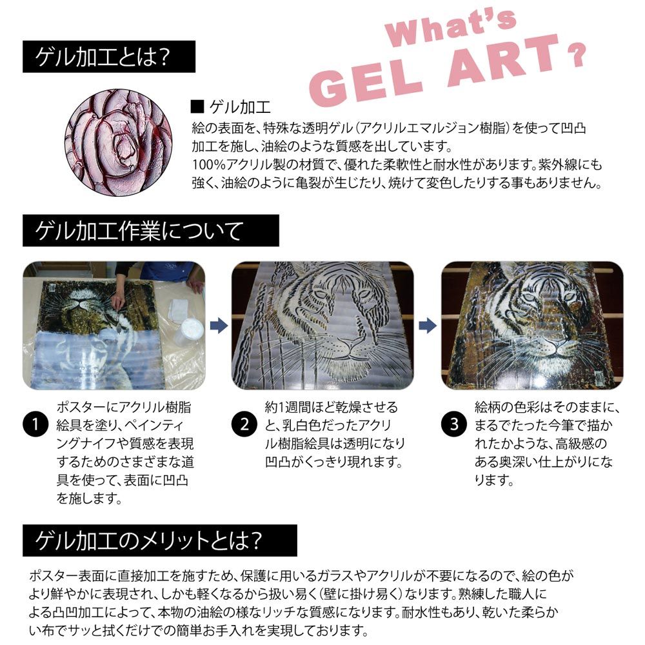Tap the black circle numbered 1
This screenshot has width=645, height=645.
[35, 425]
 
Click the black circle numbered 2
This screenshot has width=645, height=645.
[244, 424]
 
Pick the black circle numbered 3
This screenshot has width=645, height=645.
[454, 424]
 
